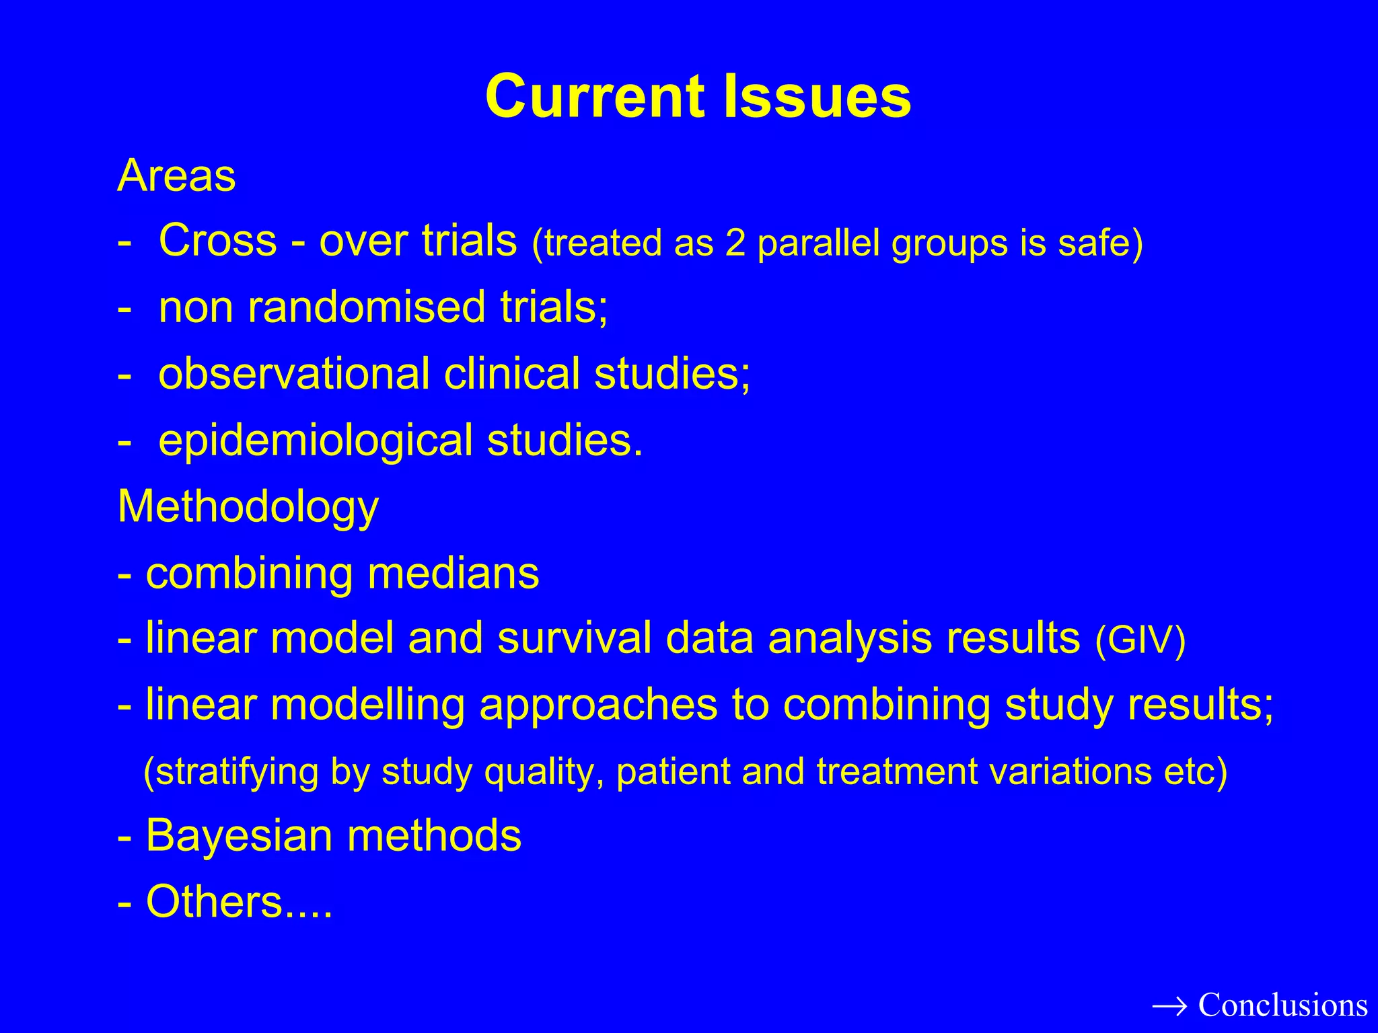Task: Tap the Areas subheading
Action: click(176, 176)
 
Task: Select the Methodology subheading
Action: click(248, 506)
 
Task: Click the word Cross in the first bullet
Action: click(217, 240)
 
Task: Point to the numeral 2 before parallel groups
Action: click(735, 243)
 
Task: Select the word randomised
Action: click(366, 307)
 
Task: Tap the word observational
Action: click(293, 373)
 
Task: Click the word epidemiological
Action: click(316, 441)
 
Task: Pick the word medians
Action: click(453, 573)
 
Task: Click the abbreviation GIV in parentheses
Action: click(1140, 640)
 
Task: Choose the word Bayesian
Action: click(239, 836)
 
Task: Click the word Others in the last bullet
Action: click(214, 902)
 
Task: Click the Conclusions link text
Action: click(1282, 1005)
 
